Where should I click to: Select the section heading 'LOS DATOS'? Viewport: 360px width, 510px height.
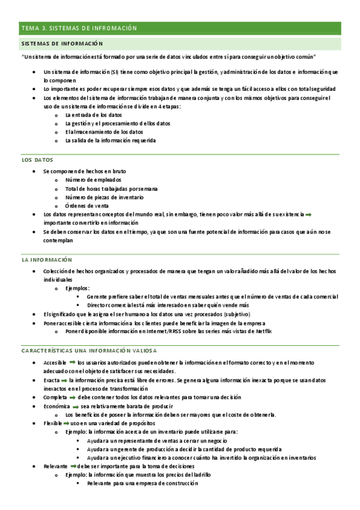[37, 160]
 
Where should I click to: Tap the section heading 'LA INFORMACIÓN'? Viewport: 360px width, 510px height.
[47, 260]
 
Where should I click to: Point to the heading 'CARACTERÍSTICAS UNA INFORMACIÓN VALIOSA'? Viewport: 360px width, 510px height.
[89, 351]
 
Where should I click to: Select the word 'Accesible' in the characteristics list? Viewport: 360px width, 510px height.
[55, 363]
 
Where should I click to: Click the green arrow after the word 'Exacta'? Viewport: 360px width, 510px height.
[64, 380]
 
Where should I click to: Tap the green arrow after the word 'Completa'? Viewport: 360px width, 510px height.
[71, 398]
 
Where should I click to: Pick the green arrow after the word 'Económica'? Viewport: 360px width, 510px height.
[75, 407]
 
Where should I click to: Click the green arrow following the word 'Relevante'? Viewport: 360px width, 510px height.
[72, 466]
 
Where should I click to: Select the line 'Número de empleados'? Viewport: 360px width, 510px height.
[93, 180]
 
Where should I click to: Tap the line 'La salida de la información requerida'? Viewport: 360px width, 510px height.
[110, 141]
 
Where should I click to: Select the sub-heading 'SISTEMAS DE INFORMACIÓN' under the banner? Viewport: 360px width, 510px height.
[62, 44]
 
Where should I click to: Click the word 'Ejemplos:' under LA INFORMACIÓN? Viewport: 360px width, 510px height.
[77, 288]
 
